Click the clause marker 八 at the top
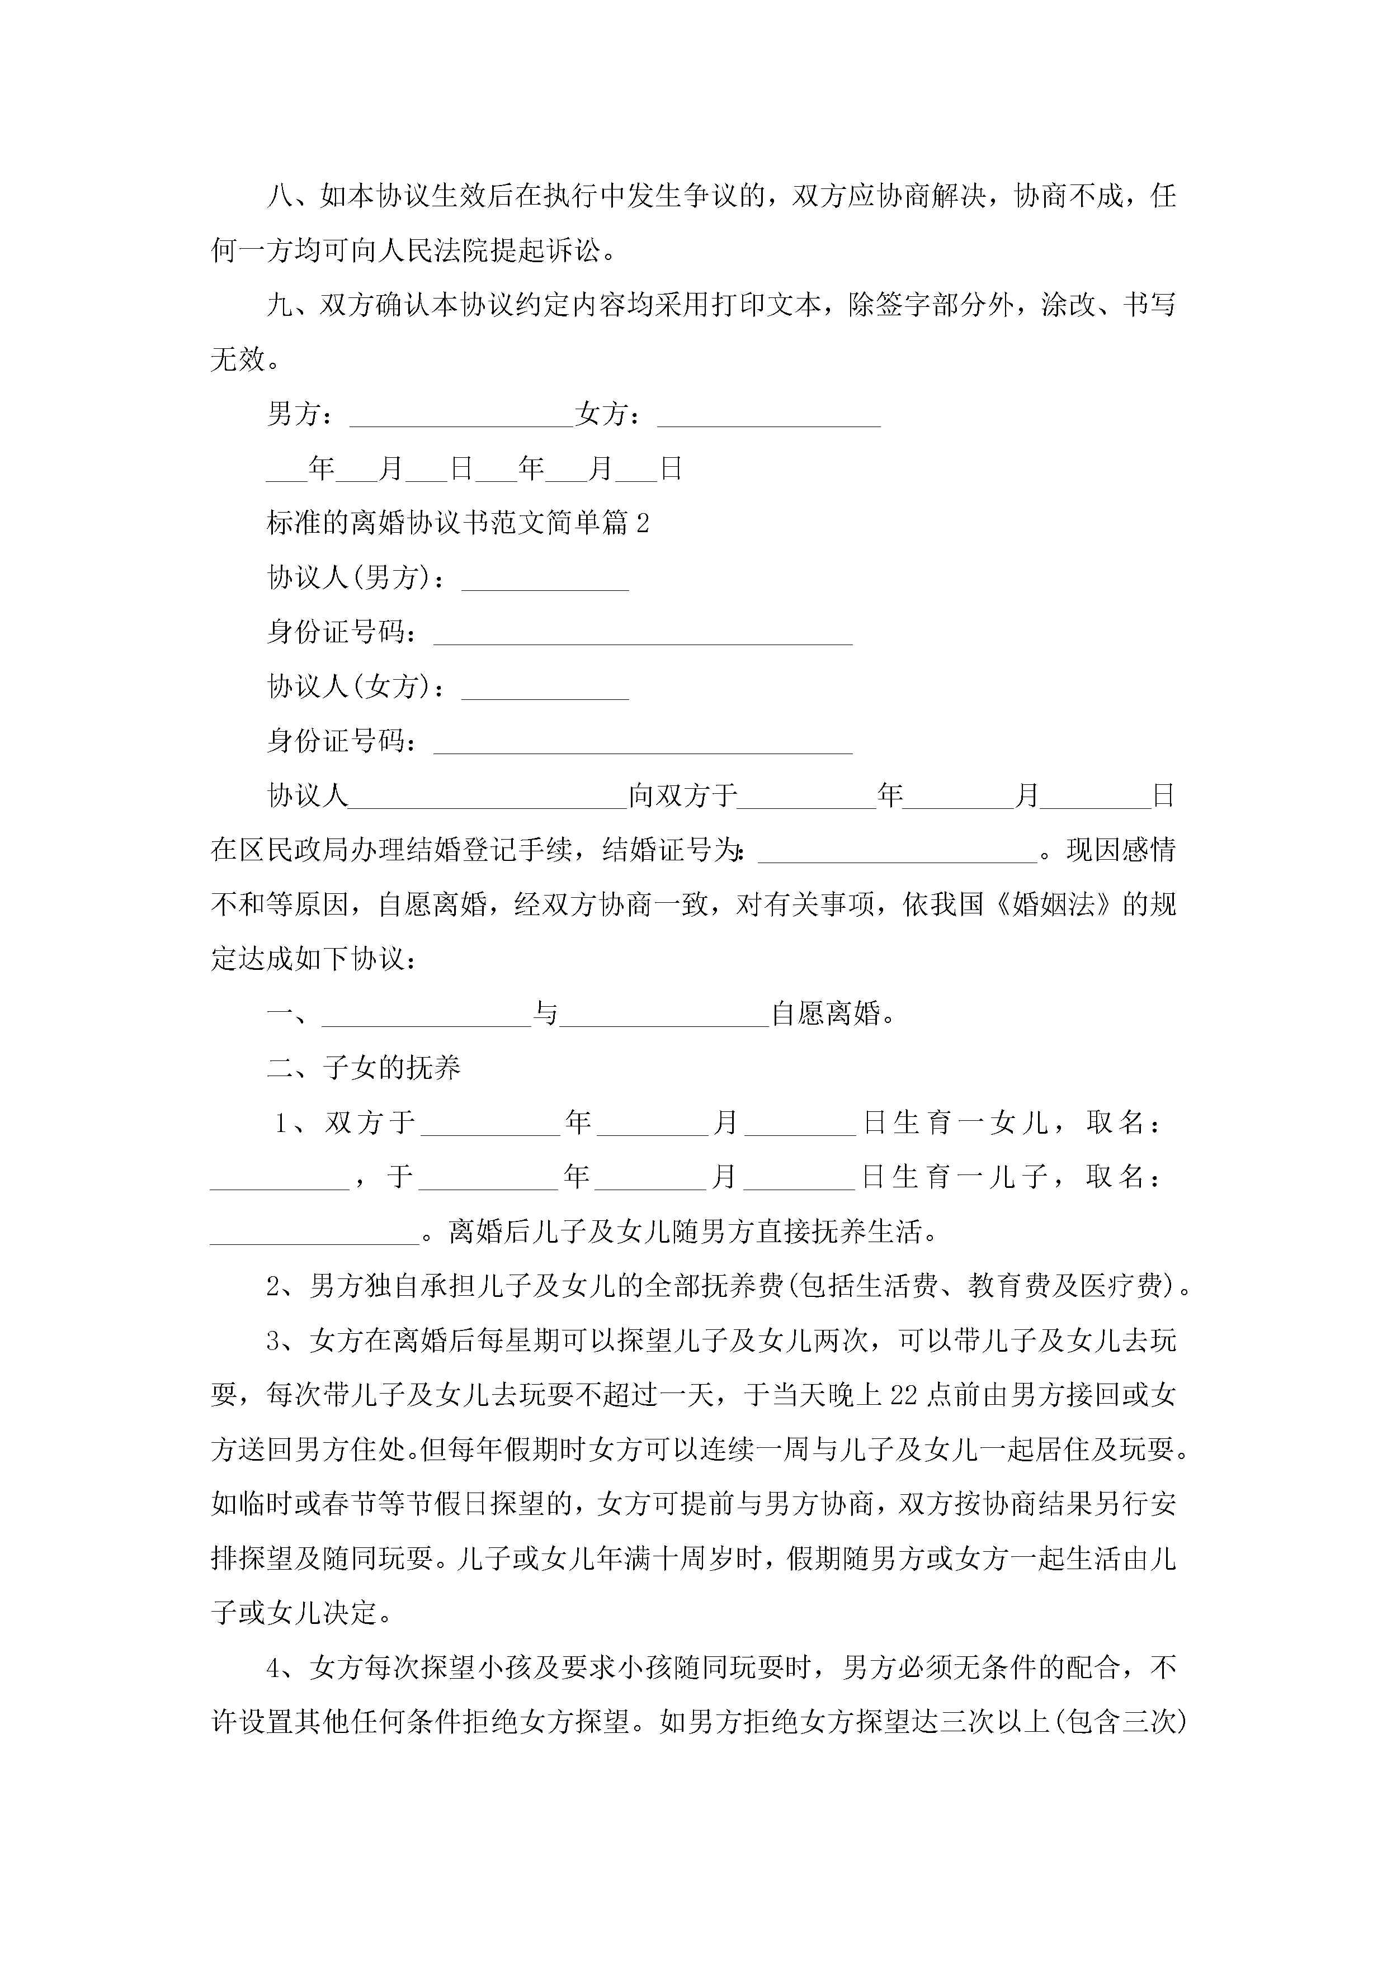[280, 196]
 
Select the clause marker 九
[280, 305]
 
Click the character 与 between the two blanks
[545, 1014]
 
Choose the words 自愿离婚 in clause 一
[825, 1014]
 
